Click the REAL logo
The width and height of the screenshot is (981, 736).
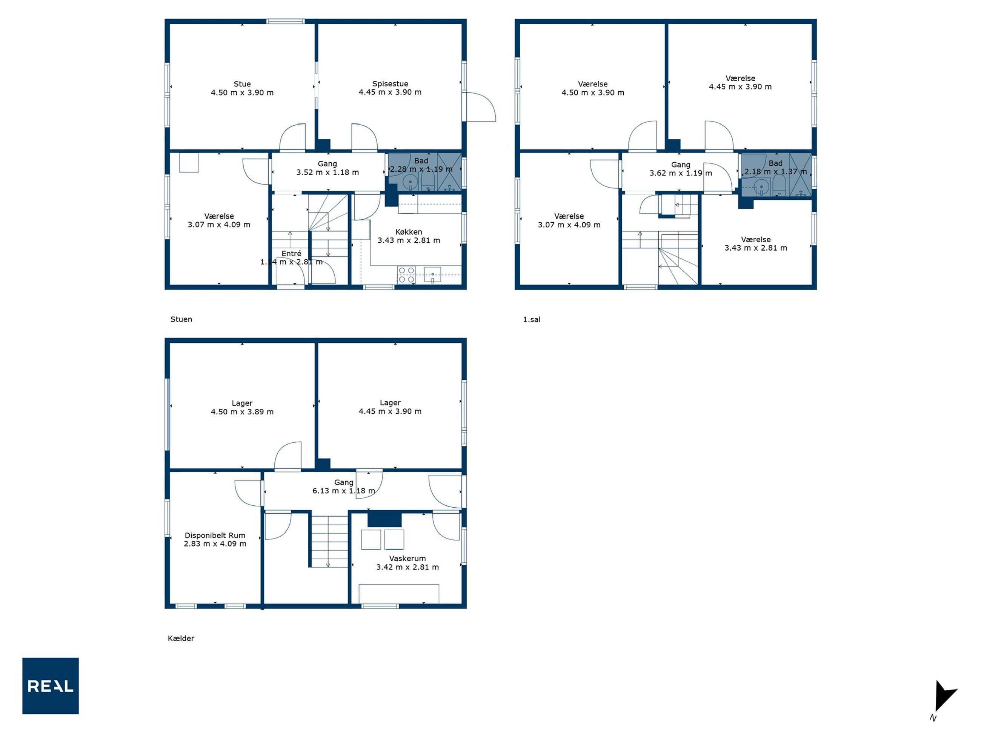point(51,686)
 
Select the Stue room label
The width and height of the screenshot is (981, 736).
point(242,84)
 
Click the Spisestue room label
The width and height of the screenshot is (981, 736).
point(390,83)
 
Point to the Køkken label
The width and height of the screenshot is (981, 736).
point(409,232)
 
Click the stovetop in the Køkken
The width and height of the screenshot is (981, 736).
point(407,275)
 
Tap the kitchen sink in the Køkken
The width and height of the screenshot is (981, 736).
point(432,275)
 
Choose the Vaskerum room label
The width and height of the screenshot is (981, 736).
point(407,558)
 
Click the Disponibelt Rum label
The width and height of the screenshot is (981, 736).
point(215,536)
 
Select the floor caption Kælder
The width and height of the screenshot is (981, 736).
point(181,638)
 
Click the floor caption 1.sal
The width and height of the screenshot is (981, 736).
point(532,319)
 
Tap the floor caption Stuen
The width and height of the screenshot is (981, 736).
point(181,319)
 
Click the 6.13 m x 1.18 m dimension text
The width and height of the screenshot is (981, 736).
point(344,491)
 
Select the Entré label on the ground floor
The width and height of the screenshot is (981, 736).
point(291,253)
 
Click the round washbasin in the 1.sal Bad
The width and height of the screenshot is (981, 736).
point(761,186)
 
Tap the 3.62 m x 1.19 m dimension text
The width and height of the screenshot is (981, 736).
point(681,173)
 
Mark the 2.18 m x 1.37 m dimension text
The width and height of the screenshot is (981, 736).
point(776,172)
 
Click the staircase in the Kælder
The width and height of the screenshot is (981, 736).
point(329,541)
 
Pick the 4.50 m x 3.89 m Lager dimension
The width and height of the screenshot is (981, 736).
point(242,412)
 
